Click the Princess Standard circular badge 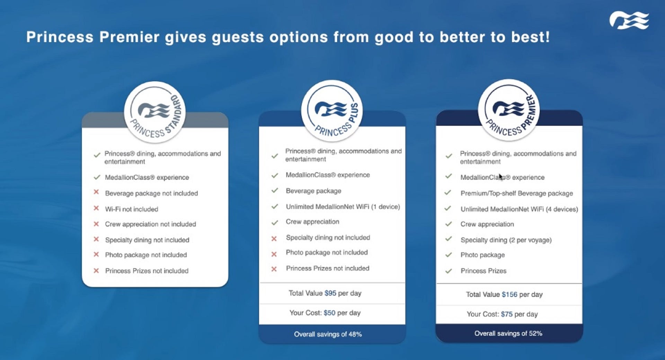[x=155, y=112]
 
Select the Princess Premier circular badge [x=509, y=110]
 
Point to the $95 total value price [x=330, y=293]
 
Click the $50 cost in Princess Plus [x=329, y=313]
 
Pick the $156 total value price [x=509, y=295]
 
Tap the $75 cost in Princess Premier [x=507, y=314]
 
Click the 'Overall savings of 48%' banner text [x=328, y=334]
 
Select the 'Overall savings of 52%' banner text [x=508, y=334]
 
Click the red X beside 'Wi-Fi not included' [x=96, y=208]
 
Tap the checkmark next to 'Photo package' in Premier [x=449, y=255]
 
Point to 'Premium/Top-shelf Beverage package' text [x=516, y=193]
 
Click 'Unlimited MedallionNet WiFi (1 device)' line [x=343, y=207]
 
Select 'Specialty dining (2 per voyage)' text [x=506, y=240]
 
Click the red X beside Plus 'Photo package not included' [x=274, y=254]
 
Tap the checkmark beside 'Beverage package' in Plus [x=275, y=190]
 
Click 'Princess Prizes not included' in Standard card [x=147, y=271]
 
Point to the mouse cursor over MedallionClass [x=500, y=177]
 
